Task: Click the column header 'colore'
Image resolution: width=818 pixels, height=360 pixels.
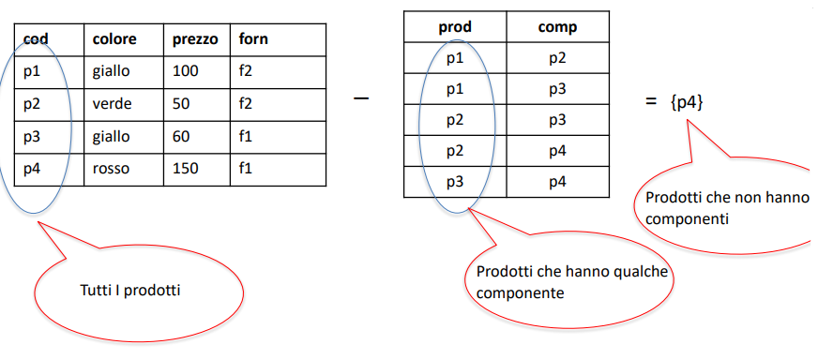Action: click(x=114, y=39)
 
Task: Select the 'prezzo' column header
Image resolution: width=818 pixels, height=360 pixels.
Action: click(x=195, y=40)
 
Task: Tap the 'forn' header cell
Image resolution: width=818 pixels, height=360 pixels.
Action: click(x=253, y=38)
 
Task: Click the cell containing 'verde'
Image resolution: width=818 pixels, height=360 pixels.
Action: click(x=113, y=104)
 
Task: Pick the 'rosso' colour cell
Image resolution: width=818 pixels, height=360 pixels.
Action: click(x=111, y=169)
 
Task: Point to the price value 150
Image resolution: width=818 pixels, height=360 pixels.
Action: click(x=185, y=169)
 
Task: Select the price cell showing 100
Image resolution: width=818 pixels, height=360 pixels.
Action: click(x=185, y=71)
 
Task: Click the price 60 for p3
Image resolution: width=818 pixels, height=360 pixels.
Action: click(x=181, y=137)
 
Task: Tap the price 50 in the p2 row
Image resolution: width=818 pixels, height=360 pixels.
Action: click(x=181, y=104)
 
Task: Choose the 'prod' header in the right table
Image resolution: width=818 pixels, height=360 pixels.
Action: click(x=455, y=27)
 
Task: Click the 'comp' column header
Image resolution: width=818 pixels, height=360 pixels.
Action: click(x=557, y=27)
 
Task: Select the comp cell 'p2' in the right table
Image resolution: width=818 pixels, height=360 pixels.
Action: click(x=557, y=58)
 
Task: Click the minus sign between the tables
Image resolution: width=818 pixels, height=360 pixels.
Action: click(x=361, y=98)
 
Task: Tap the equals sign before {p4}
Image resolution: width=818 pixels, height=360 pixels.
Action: click(x=650, y=102)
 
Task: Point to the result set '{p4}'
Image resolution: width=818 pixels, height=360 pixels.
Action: click(x=687, y=102)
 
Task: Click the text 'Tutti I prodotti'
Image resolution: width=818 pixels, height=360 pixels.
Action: click(x=130, y=290)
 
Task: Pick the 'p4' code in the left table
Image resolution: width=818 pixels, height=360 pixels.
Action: click(x=32, y=170)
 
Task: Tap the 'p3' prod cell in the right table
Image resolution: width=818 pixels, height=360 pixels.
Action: click(x=455, y=182)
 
